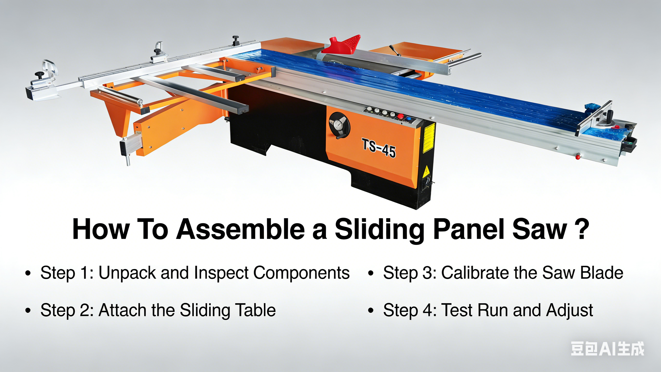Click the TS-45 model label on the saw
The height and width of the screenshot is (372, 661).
pos(379,148)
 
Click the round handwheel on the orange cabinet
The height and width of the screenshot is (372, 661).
pos(339,125)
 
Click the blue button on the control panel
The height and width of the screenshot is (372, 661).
pos(408,119)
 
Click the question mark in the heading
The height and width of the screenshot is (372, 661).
pos(581,228)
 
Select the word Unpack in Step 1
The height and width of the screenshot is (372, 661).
pos(127,273)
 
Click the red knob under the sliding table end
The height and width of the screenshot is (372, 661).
pos(578,157)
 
